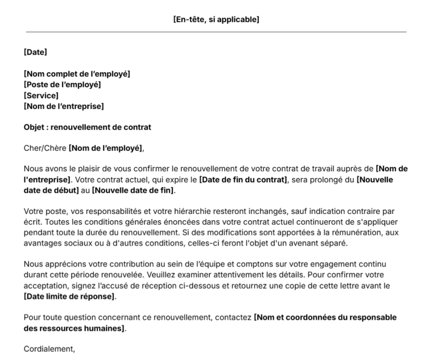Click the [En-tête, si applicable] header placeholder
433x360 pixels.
click(216, 19)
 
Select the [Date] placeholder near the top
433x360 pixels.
click(35, 52)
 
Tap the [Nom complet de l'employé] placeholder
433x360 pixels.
click(77, 74)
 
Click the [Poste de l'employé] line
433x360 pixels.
click(62, 85)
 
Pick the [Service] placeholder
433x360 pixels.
click(41, 95)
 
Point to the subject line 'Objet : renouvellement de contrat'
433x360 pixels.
click(87, 127)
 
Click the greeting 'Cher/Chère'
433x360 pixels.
click(45, 148)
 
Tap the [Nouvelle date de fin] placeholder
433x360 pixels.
click(134, 190)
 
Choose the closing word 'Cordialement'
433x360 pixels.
click(48, 349)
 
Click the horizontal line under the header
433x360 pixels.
click(216, 32)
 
